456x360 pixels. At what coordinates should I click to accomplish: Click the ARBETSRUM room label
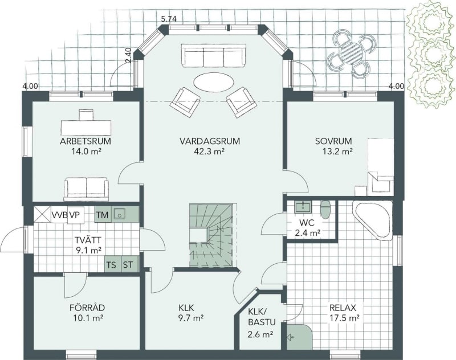tap(85, 141)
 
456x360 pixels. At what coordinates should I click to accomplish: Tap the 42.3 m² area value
tap(209, 151)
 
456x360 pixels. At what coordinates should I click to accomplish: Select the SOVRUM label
tap(333, 141)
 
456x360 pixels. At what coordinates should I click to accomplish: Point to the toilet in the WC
tap(325, 209)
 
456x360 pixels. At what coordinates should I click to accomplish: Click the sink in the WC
tap(303, 207)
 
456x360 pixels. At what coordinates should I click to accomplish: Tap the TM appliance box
tap(103, 215)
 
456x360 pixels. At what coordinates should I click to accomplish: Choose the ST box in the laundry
tap(128, 265)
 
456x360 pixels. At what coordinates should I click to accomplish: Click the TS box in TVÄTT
tap(112, 265)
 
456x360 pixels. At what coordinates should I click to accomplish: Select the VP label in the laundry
tap(75, 215)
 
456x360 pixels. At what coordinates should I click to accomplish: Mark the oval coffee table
tap(213, 82)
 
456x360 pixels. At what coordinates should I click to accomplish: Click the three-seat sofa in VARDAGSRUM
tap(213, 55)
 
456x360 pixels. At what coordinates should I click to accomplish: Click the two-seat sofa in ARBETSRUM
tap(86, 189)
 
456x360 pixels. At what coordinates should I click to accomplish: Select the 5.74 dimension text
tap(169, 19)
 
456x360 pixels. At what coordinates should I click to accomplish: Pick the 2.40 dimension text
tap(129, 55)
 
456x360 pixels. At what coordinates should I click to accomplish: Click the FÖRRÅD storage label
tap(87, 308)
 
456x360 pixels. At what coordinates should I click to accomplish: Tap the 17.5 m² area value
tap(345, 318)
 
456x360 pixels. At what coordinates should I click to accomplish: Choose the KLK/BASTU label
tap(262, 317)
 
